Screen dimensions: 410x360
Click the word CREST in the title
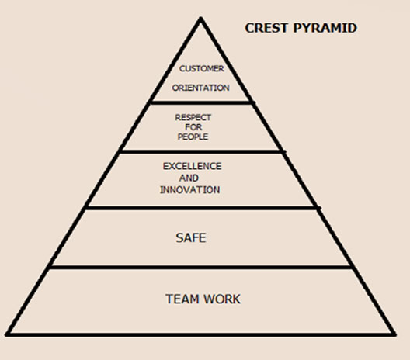(266, 28)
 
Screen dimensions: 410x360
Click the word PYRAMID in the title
(325, 28)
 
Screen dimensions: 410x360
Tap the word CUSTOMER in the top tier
(202, 69)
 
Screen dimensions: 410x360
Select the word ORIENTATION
(201, 88)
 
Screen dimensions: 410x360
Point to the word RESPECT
(193, 118)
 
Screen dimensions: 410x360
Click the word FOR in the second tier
(193, 127)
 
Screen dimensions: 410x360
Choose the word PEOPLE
(193, 137)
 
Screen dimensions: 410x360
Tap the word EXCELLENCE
(193, 166)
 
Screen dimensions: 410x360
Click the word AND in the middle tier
(189, 178)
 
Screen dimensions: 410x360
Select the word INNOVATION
(190, 190)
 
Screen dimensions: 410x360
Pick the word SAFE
(191, 238)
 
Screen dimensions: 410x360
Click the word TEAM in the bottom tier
(182, 299)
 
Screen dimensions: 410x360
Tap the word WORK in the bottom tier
(222, 299)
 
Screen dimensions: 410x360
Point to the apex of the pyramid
(200, 18)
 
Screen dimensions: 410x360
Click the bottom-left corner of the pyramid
(6, 334)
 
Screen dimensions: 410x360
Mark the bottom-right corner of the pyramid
(395, 334)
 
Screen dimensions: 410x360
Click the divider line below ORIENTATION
(201, 103)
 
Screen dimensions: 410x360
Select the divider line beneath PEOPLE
(202, 152)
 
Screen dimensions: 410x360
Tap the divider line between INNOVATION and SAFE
(203, 208)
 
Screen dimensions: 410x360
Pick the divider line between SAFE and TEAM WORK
(201, 267)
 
